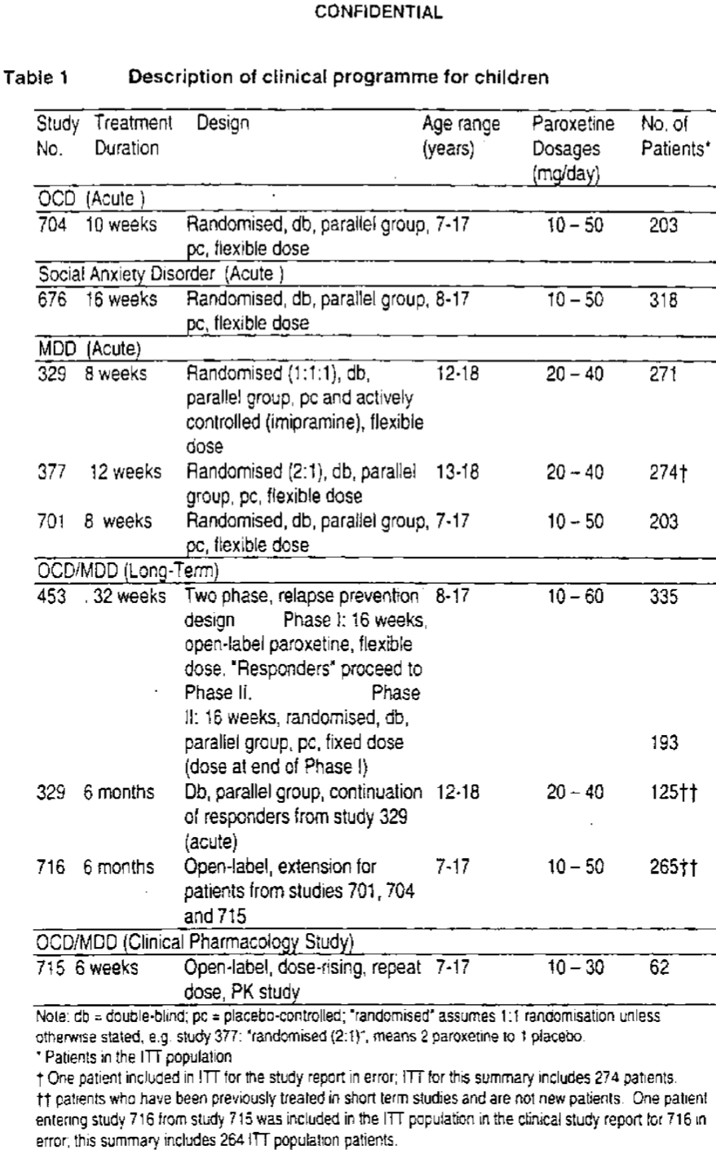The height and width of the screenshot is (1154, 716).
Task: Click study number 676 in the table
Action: point(51,300)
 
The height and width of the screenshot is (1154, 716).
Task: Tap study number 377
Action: point(51,473)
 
